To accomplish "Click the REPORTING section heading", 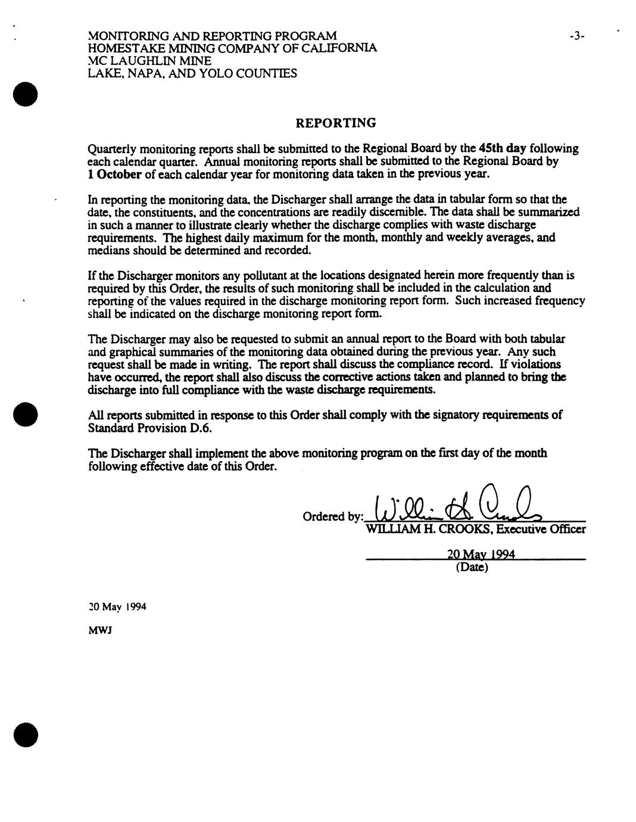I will point(336,123).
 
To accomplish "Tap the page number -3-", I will point(576,36).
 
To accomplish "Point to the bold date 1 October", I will point(114,174).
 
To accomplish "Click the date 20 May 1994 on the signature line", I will point(481,554).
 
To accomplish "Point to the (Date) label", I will point(472,567).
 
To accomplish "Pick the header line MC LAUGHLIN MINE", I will point(149,61).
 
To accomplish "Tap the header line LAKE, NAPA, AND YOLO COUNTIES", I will point(192,73).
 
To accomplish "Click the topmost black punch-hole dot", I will point(27,95).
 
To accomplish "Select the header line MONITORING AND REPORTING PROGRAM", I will point(212,36).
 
